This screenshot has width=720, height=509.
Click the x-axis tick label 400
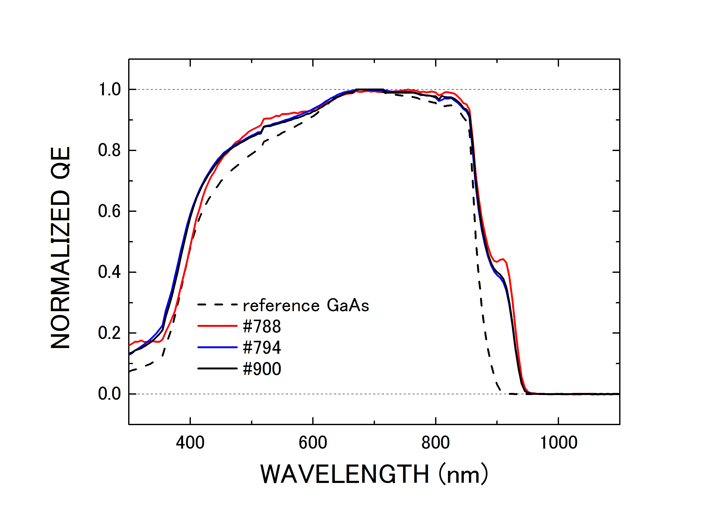(190, 443)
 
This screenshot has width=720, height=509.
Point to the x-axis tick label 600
(313, 443)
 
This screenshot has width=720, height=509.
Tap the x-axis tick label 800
(436, 443)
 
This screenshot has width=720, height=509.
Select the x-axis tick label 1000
(559, 443)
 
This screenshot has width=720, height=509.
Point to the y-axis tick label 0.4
(110, 272)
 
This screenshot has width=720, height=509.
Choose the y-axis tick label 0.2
(110, 333)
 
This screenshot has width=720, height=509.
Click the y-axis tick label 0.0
(110, 394)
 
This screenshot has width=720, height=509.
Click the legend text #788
(262, 326)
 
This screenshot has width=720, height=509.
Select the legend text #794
(262, 347)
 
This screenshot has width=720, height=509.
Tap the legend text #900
(262, 369)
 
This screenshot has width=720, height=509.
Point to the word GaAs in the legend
(348, 305)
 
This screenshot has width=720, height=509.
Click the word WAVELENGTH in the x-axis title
(344, 474)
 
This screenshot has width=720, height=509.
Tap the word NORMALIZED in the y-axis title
(61, 270)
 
